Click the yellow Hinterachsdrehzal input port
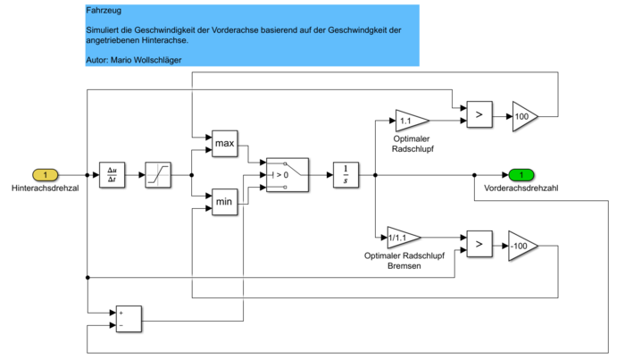tap(46, 174)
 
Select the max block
tap(224, 142)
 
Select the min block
tap(224, 204)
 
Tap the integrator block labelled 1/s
tap(345, 174)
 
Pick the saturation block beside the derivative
tap(158, 174)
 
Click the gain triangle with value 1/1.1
tap(403, 238)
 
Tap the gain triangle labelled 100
tap(524, 115)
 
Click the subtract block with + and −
tap(129, 319)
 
